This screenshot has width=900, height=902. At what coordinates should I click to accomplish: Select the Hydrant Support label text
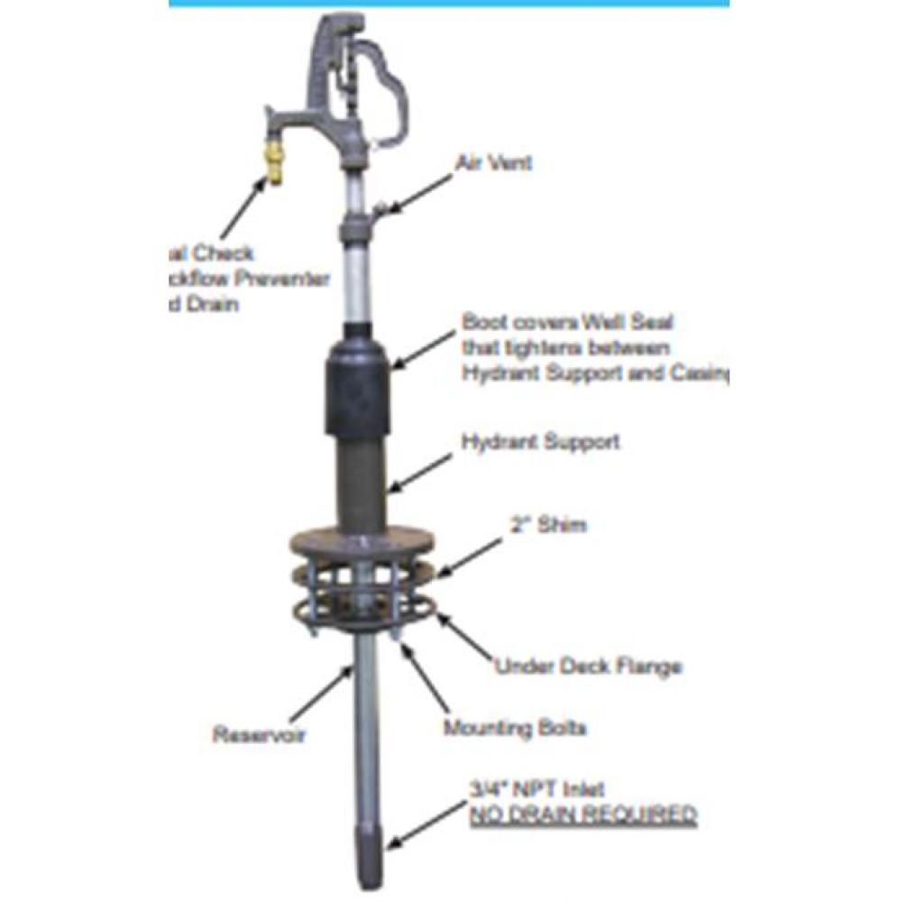point(540,442)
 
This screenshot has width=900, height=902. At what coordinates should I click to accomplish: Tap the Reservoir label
point(259,734)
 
